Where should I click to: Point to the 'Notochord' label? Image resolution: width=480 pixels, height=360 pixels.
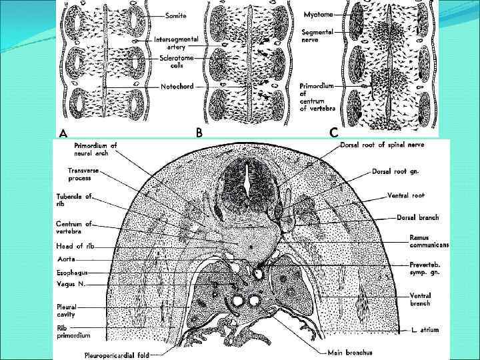[176, 86]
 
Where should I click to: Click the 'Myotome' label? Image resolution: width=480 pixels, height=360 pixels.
[318, 14]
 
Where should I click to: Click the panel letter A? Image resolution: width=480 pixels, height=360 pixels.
[63, 133]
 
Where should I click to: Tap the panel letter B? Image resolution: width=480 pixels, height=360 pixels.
[199, 133]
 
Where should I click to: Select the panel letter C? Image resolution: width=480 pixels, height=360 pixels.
[333, 133]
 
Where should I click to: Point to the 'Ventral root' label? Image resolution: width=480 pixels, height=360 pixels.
[405, 195]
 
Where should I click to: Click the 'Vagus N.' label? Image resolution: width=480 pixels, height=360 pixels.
[71, 284]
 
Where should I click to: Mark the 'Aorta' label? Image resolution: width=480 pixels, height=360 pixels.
[66, 258]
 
